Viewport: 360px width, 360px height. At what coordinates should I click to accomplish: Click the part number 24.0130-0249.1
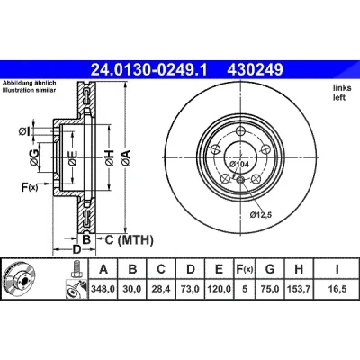(149, 70)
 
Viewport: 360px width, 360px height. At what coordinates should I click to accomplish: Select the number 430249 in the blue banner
(256, 70)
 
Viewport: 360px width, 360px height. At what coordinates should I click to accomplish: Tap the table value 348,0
(103, 289)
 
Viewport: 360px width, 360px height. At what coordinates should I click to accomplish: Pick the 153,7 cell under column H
(299, 289)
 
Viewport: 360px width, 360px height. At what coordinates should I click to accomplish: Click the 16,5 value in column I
(337, 289)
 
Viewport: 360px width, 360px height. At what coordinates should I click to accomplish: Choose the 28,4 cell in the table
(161, 289)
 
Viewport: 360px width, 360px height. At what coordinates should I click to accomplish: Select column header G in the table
(270, 269)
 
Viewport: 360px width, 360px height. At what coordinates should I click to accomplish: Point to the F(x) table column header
(245, 269)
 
